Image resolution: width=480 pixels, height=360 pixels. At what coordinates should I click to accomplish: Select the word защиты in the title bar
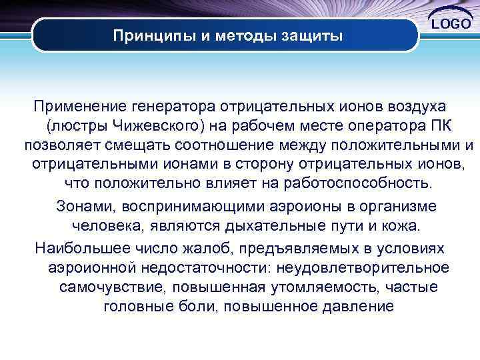(312, 35)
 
